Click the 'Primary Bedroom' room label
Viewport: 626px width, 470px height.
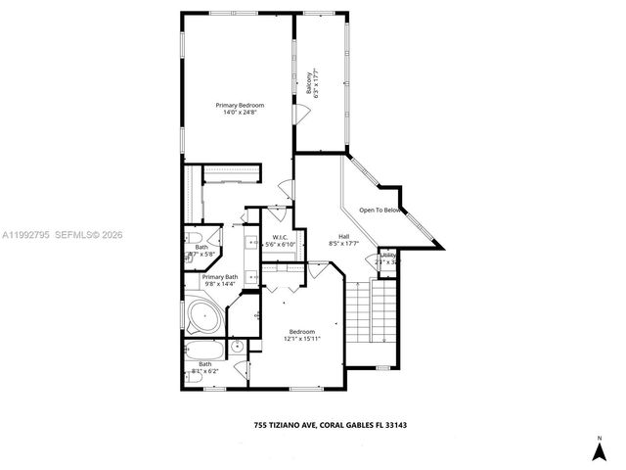[241, 105]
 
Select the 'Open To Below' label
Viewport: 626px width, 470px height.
[380, 210]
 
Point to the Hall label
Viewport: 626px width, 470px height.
[344, 236]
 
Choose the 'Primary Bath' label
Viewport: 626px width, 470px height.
[220, 277]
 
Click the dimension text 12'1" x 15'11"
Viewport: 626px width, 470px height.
[301, 338]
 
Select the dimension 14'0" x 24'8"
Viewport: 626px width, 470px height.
[241, 112]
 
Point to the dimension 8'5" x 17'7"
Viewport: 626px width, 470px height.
[344, 243]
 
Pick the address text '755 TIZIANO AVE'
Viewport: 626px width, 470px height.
[284, 425]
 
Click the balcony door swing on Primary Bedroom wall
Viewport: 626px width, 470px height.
[302, 115]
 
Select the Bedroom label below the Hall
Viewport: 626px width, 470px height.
[301, 331]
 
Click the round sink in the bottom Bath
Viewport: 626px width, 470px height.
[237, 346]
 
